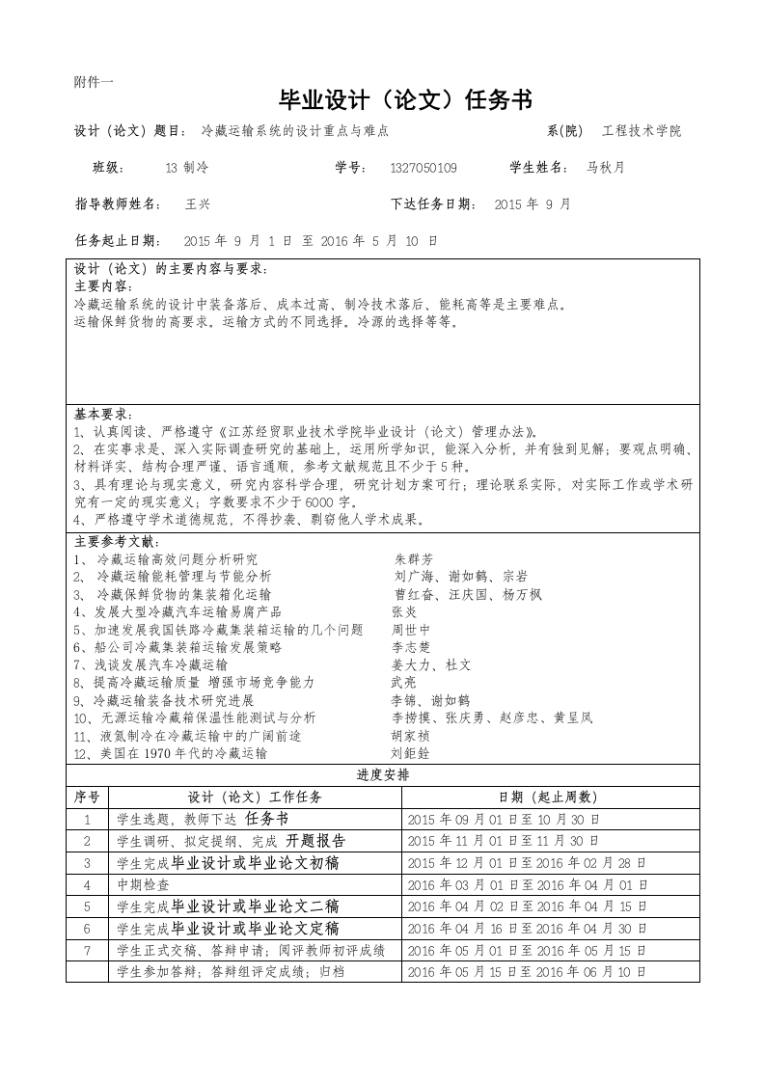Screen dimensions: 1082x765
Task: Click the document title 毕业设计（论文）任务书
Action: (404, 100)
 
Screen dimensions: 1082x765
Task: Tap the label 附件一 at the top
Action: (94, 82)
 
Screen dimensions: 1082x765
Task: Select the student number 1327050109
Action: (423, 168)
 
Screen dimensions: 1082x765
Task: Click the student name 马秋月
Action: (606, 168)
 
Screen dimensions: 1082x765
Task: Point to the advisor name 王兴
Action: (197, 204)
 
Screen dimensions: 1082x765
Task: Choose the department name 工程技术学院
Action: (642, 131)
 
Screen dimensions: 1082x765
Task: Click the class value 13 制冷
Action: (186, 168)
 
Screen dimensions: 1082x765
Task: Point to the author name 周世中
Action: (411, 630)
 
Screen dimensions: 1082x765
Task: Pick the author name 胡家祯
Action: (410, 736)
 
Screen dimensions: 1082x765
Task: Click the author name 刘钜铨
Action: (410, 753)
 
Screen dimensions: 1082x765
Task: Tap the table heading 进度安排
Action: (383, 775)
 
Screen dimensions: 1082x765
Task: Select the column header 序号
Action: (88, 798)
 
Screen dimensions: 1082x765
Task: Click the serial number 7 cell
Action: (88, 950)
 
